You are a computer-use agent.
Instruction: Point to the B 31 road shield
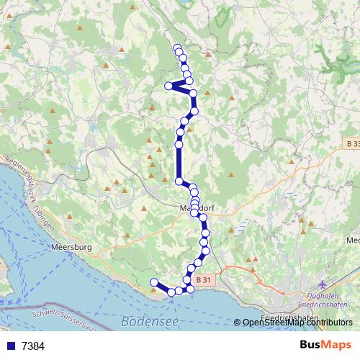pyautogui.click(x=204, y=279)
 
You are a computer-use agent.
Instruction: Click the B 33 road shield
pyautogui.click(x=351, y=144)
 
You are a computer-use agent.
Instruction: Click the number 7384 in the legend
pyautogui.click(x=33, y=346)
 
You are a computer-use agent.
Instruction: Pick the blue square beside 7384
pyautogui.click(x=10, y=346)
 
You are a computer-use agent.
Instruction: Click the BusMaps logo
pyautogui.click(x=325, y=346)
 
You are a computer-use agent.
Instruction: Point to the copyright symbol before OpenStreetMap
pyautogui.click(x=238, y=323)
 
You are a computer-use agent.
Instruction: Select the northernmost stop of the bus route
pyautogui.click(x=177, y=48)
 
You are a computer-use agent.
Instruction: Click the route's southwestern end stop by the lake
pyautogui.click(x=153, y=282)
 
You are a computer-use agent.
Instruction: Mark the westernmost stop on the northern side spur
pyautogui.click(x=168, y=86)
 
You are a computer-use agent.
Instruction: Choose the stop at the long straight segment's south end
pyautogui.click(x=179, y=181)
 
